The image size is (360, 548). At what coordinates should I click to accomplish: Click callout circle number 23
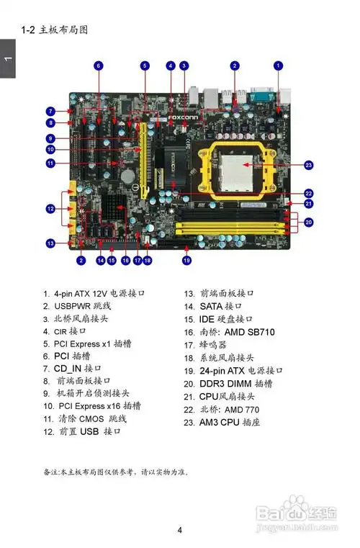309,165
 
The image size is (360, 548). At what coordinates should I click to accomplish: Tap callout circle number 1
279,66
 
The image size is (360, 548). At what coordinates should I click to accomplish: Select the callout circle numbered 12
50,209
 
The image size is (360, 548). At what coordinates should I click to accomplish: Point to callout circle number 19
186,260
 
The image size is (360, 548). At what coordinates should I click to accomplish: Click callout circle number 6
99,66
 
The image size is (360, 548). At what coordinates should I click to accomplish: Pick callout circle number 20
309,223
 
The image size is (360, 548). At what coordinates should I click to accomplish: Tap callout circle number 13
50,243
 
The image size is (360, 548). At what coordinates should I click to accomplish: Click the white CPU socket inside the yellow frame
238,168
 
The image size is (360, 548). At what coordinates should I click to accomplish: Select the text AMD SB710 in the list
251,332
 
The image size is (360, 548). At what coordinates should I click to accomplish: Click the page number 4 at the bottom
179,531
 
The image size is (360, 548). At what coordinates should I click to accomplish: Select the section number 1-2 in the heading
28,30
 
